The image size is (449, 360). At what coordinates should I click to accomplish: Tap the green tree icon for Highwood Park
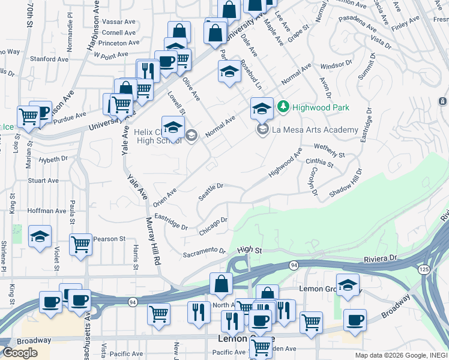(x=283, y=107)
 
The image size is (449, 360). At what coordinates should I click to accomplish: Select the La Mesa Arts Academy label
(x=315, y=130)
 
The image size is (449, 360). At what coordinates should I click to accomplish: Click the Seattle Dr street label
(x=211, y=193)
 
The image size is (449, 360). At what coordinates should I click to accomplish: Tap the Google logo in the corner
(x=19, y=352)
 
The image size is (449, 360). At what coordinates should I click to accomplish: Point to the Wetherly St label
(x=329, y=150)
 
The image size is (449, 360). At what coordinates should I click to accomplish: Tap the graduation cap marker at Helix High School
(x=173, y=128)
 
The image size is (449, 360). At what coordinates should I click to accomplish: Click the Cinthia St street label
(x=319, y=163)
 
